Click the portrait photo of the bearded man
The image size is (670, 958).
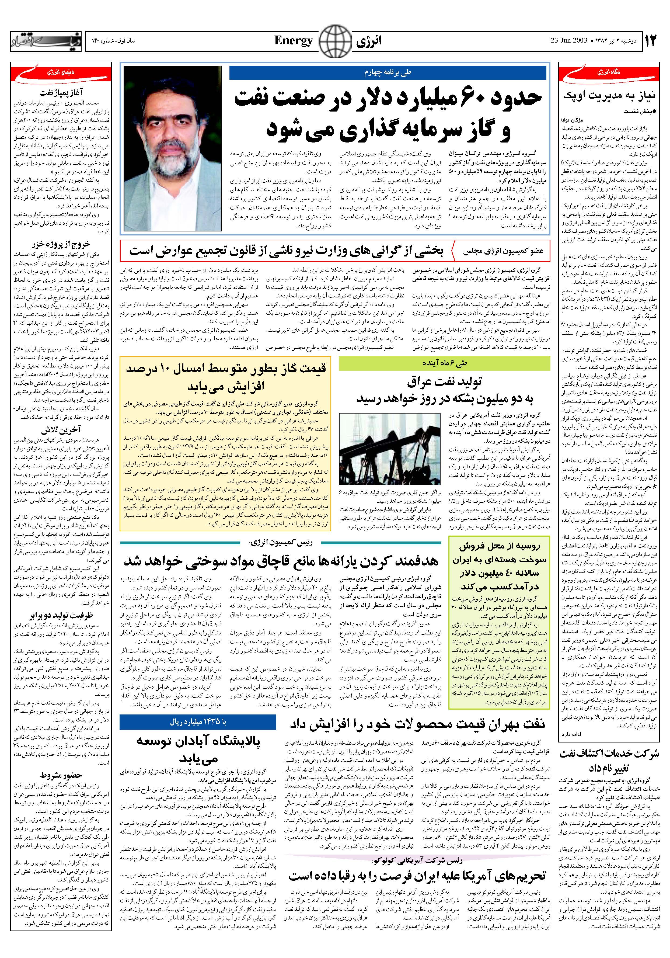point(173,148)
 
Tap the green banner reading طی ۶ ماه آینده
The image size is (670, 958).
point(444,364)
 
